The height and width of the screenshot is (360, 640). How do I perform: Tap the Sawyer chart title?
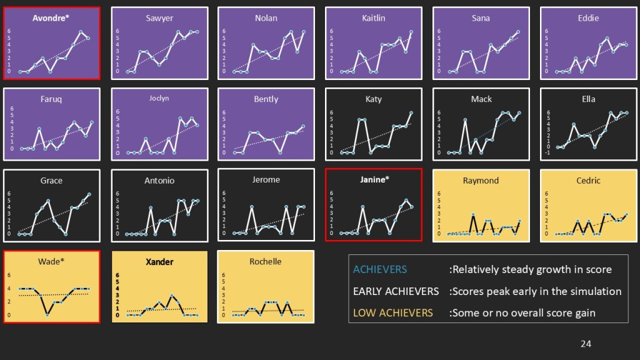coord(159,18)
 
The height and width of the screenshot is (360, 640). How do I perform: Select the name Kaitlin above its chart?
coord(374,18)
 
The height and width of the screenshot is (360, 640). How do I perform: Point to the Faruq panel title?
coord(51,99)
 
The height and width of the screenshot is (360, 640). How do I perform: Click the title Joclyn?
coord(159,98)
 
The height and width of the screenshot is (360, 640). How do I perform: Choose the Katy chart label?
coord(374,99)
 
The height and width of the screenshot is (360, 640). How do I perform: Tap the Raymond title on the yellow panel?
coord(481,180)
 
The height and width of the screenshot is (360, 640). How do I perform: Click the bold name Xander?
coord(159,261)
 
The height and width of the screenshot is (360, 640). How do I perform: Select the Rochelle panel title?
coord(266,261)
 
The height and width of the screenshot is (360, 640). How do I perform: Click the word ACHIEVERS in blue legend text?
coord(379,269)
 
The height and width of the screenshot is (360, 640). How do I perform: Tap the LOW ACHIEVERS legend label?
coord(392,312)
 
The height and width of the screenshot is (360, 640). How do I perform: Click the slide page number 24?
coord(586,343)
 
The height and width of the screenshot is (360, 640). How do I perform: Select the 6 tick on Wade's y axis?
coord(9,275)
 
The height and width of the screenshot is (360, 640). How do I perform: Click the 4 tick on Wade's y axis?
coord(9,288)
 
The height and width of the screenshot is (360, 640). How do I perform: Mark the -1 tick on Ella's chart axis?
coord(547,152)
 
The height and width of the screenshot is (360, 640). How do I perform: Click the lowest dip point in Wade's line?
coord(47,314)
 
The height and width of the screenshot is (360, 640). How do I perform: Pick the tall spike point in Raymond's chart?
coord(474,214)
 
